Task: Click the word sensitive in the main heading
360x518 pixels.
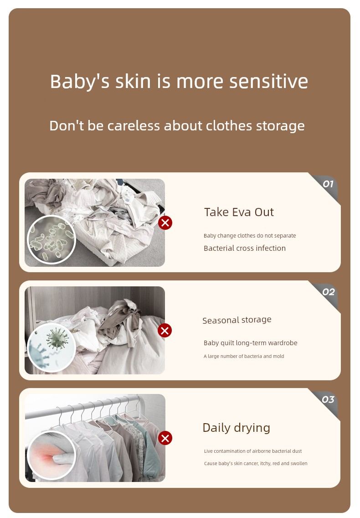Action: (268, 81)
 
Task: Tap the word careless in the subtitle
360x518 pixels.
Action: (134, 126)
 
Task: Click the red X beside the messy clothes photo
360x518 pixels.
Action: (165, 223)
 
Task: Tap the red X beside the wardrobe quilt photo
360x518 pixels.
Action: (165, 330)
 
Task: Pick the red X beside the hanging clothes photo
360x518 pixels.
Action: (165, 438)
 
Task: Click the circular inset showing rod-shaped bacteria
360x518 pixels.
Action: (51, 239)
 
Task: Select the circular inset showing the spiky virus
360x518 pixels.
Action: (51, 347)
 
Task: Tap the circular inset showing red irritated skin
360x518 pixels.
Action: (51, 456)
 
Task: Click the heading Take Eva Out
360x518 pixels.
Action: (239, 212)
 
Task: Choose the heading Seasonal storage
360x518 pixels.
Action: (237, 320)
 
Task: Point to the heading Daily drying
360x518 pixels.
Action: (236, 428)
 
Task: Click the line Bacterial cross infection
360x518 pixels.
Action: (245, 249)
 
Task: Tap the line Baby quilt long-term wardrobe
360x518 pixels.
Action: (250, 343)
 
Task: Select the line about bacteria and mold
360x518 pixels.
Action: (244, 356)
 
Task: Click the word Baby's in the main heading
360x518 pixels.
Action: (80, 82)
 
